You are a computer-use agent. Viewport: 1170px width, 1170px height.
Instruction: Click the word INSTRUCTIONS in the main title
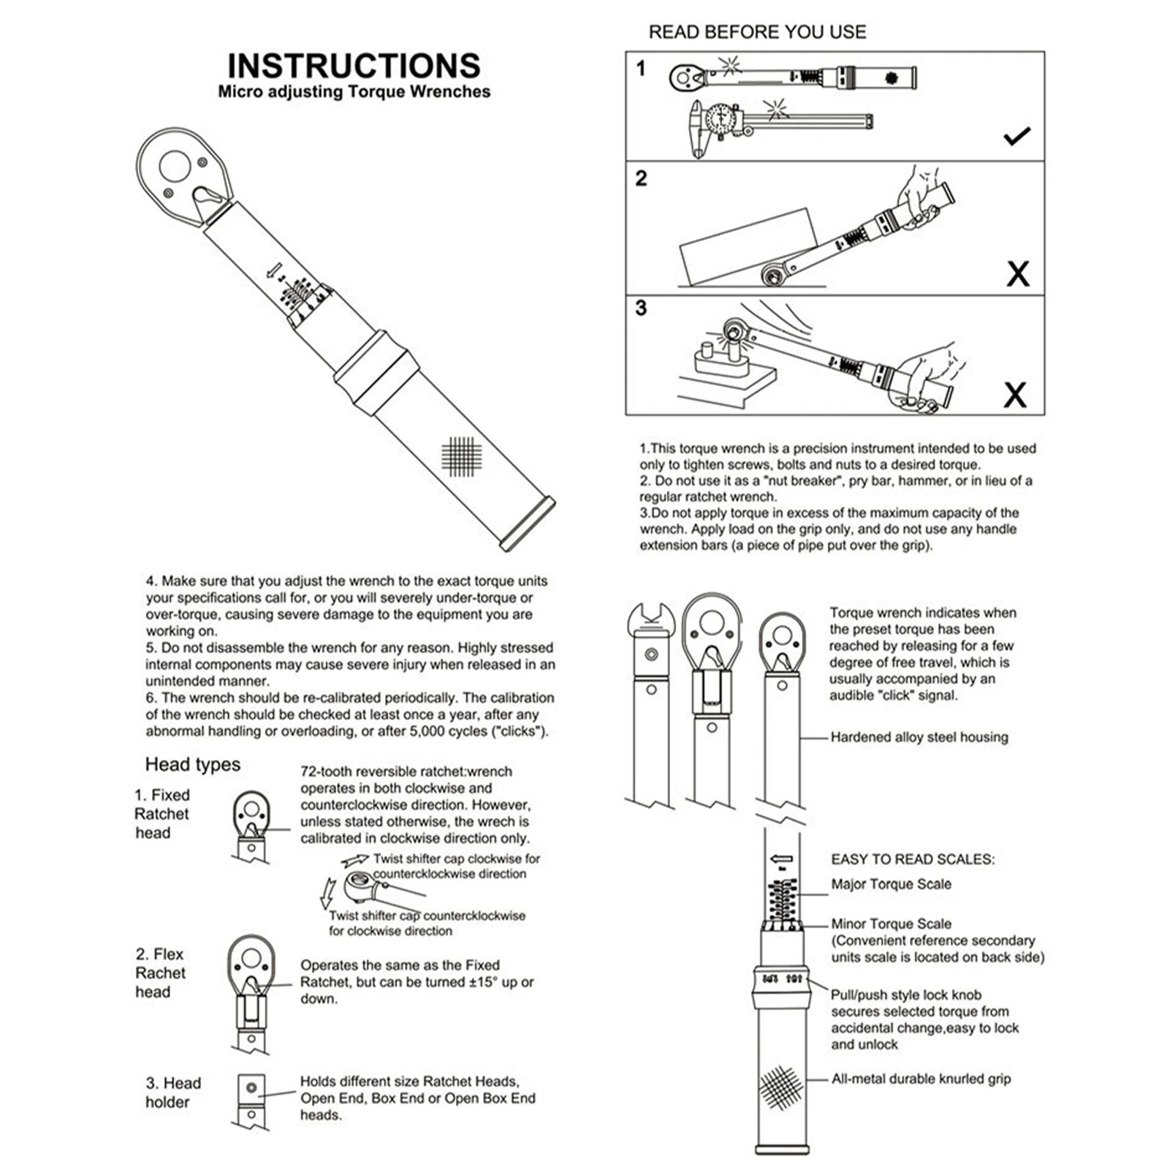point(354,66)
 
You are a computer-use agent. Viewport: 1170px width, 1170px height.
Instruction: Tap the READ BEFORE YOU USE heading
point(757,32)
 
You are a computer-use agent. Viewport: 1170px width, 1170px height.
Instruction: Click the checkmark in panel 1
point(1017,135)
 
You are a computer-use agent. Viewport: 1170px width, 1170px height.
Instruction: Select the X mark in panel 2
point(1017,274)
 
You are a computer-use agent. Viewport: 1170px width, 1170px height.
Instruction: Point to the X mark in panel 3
point(1014,395)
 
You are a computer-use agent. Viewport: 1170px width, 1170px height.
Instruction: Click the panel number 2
point(641,178)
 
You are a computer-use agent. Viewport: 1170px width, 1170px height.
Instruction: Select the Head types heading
point(192,764)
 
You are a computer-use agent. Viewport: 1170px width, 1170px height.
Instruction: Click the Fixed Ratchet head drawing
point(251,826)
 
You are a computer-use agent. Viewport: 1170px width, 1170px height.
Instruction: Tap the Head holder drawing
point(251,1100)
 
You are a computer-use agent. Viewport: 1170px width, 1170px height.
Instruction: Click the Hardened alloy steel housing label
point(919,737)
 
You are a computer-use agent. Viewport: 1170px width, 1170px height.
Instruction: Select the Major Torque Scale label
point(891,884)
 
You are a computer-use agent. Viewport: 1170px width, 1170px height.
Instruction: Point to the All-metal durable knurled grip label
point(921,1079)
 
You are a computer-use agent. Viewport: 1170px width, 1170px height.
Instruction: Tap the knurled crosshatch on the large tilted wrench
point(462,457)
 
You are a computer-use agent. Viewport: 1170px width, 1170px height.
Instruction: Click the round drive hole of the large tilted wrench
point(175,166)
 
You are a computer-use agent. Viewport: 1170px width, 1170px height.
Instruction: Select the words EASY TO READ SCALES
point(913,859)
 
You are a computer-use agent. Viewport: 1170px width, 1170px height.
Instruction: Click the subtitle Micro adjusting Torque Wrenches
point(354,92)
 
